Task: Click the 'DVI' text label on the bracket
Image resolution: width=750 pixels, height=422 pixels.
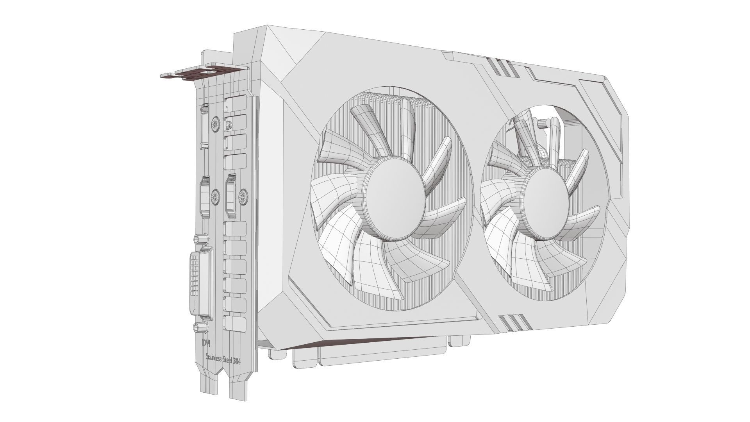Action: click(206, 343)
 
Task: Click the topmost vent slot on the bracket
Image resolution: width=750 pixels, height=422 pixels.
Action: click(236, 104)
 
